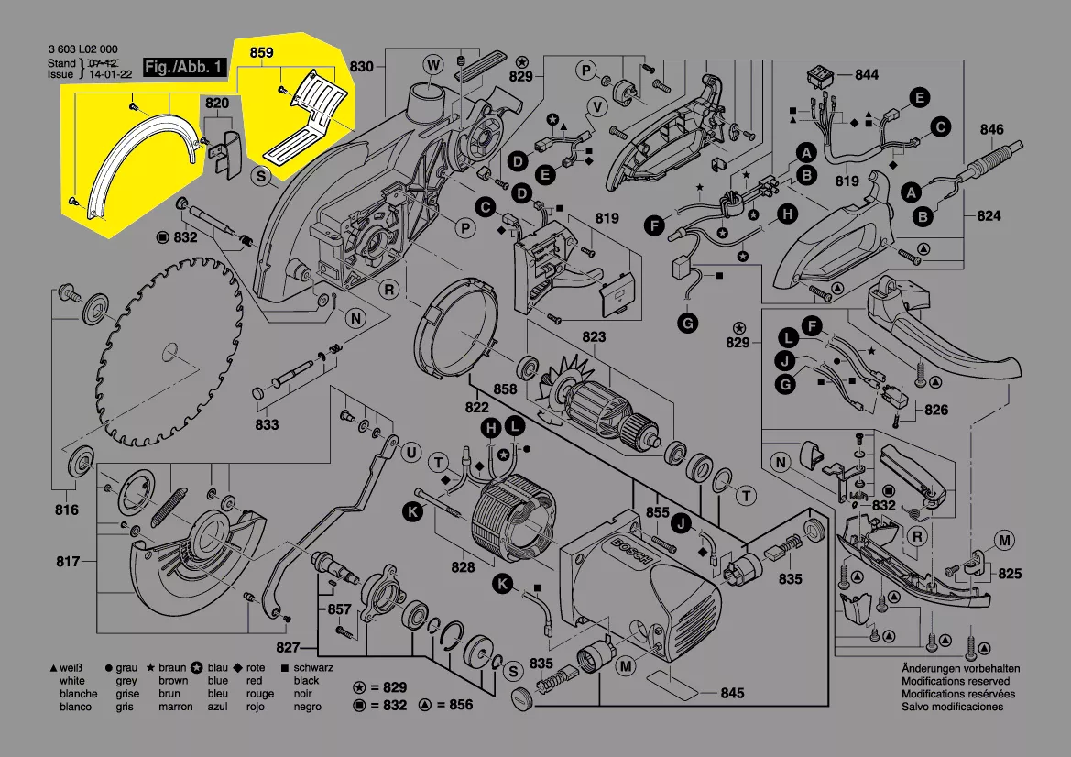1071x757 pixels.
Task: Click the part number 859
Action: pyautogui.click(x=262, y=52)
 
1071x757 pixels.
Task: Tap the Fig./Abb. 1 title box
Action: pyautogui.click(x=184, y=67)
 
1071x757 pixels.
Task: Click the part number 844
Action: pyautogui.click(x=866, y=74)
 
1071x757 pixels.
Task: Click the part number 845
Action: pyautogui.click(x=732, y=693)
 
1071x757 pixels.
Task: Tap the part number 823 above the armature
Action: pyautogui.click(x=594, y=336)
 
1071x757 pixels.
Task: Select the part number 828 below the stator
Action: pyautogui.click(x=463, y=567)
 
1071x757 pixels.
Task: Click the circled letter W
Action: pyautogui.click(x=433, y=65)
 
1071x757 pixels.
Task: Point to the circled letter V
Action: pyautogui.click(x=598, y=107)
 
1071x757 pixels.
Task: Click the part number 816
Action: pyautogui.click(x=67, y=510)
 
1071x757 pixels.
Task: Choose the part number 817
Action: pyautogui.click(x=68, y=562)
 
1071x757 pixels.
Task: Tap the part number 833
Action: pyautogui.click(x=268, y=424)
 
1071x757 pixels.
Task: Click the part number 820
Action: pyautogui.click(x=216, y=104)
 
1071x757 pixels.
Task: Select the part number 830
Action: pyautogui.click(x=361, y=66)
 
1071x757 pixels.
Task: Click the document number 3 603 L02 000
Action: pyautogui.click(x=83, y=49)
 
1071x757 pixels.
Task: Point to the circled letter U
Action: pyautogui.click(x=411, y=453)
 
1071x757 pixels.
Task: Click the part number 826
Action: pyautogui.click(x=935, y=410)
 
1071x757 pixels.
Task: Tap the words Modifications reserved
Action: pyautogui.click(x=956, y=681)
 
